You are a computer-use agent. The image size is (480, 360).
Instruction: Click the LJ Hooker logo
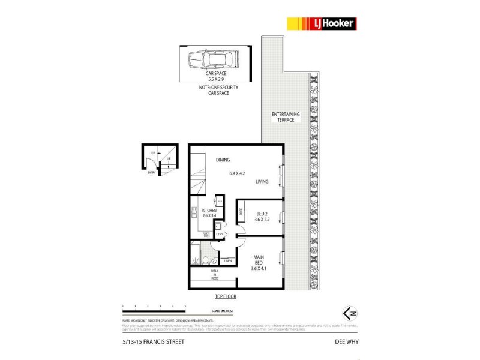point(322,23)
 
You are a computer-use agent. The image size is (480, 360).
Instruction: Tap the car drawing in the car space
point(214,61)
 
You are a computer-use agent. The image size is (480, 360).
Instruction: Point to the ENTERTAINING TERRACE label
point(283,117)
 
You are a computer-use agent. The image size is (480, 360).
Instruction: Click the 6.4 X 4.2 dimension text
point(239,174)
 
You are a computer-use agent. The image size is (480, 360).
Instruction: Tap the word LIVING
point(262,182)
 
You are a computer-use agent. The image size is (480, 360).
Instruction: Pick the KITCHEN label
point(200,211)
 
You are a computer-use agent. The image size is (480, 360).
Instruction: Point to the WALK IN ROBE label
point(214,275)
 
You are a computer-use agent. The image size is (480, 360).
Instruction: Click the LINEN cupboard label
point(227,261)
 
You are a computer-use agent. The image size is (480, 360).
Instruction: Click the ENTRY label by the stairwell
point(151,173)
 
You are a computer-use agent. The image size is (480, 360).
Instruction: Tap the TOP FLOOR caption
point(226,297)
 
